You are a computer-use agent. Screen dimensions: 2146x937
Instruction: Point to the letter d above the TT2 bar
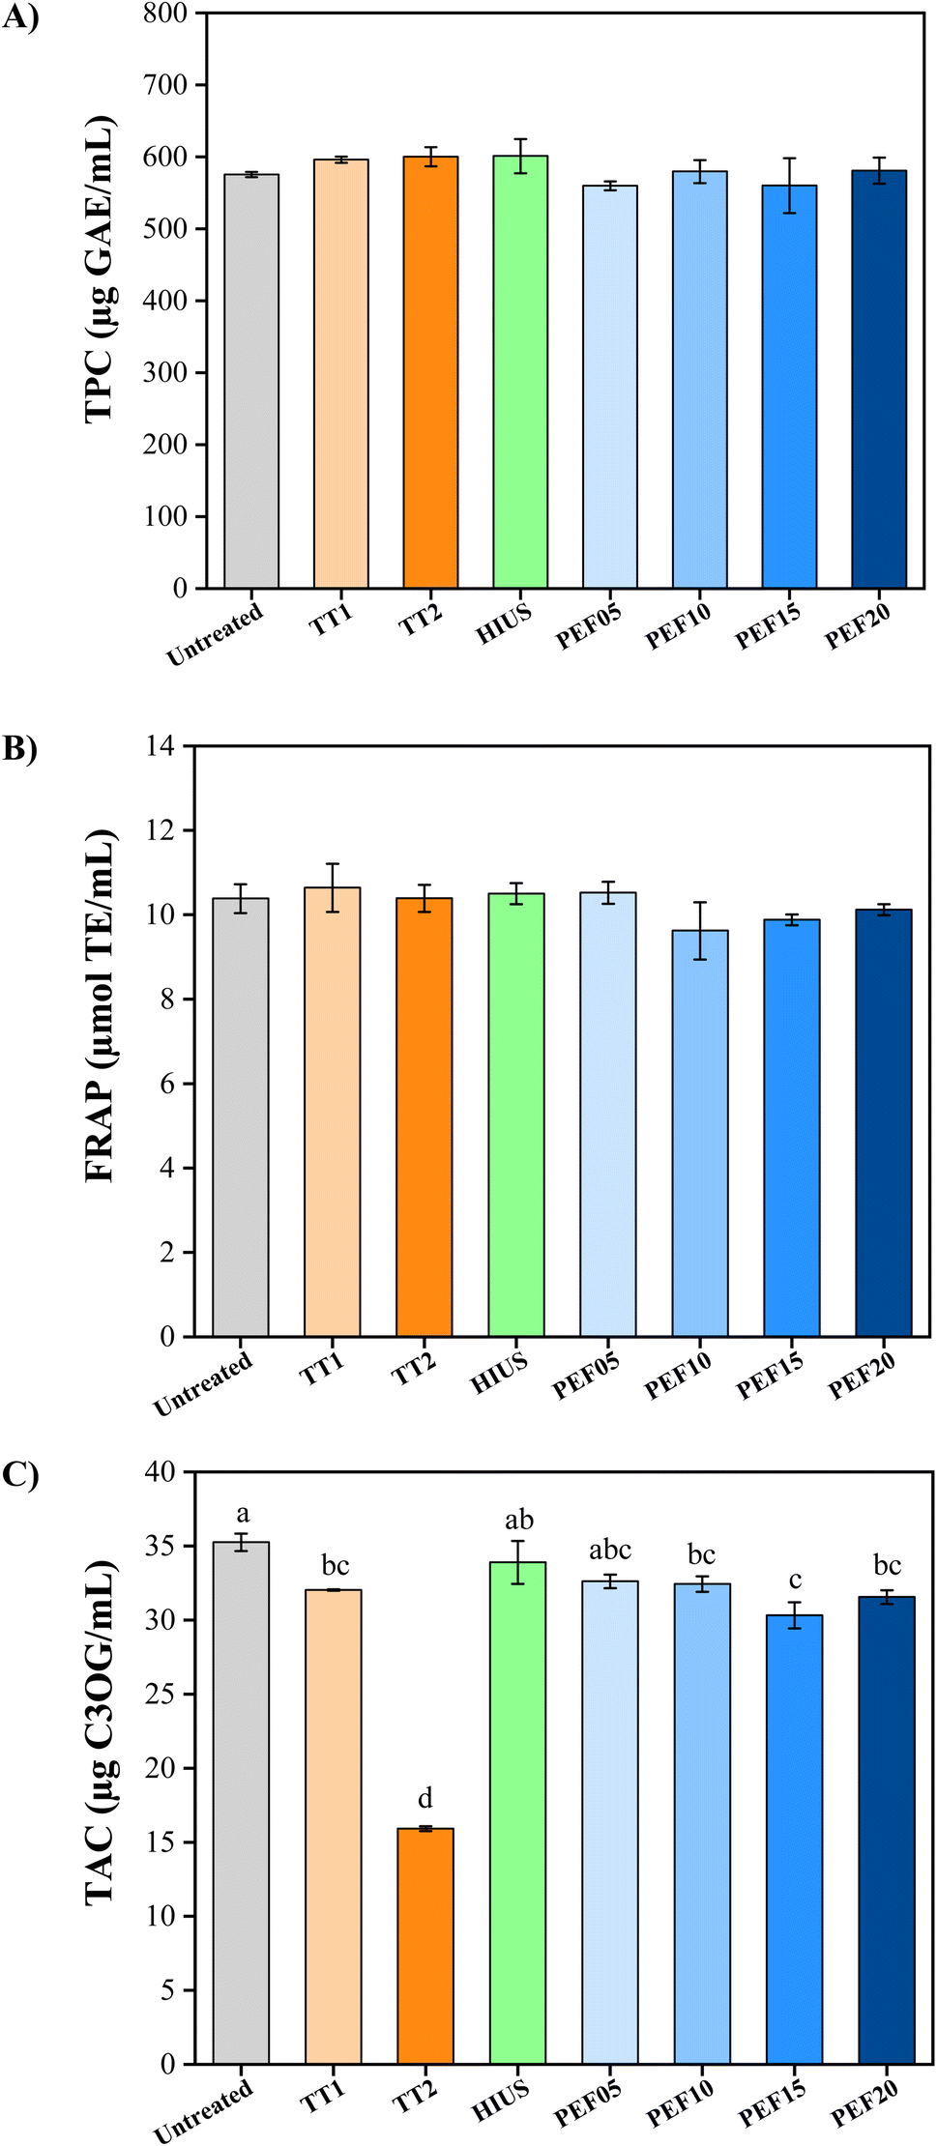coord(425,1799)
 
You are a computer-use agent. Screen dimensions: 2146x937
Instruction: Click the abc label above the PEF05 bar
coord(610,1551)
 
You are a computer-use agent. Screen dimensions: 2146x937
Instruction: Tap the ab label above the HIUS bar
coord(518,1521)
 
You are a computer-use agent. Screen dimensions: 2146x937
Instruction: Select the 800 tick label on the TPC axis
coord(165,14)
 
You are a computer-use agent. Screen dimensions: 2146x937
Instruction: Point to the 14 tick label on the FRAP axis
coord(161,745)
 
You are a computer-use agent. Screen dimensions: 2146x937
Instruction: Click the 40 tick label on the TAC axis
coord(161,1472)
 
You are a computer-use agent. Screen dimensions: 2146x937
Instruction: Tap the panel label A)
coord(19,18)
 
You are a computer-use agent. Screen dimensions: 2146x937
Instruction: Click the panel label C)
coord(19,1476)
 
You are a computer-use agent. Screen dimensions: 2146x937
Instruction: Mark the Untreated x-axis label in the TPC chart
coord(215,634)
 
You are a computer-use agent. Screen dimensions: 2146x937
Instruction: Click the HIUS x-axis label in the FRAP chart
coord(499,1374)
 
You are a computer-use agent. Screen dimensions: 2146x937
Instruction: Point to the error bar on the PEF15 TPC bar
coord(789,185)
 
